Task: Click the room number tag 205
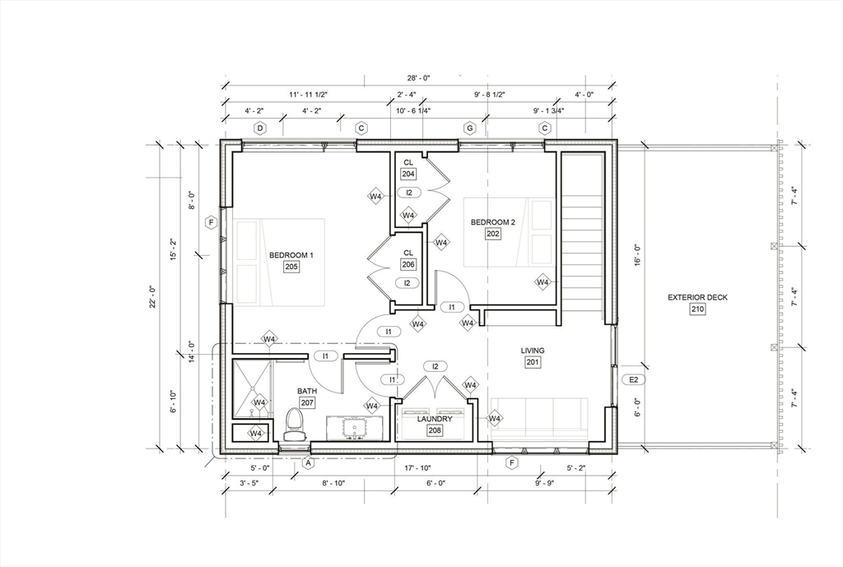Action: point(291,267)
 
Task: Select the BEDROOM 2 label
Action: point(493,222)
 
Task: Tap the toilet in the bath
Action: point(293,423)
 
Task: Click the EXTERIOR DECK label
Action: point(697,298)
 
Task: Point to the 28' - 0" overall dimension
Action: point(418,77)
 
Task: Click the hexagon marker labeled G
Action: point(470,128)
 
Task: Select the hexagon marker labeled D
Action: point(260,128)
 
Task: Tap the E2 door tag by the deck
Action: point(634,379)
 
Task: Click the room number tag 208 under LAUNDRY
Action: point(435,430)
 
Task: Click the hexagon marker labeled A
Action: point(309,463)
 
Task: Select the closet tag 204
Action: point(408,174)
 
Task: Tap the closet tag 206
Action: point(408,265)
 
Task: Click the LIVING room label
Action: point(533,351)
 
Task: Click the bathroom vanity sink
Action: point(356,429)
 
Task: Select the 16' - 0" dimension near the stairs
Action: point(636,252)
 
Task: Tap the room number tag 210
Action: point(697,309)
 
